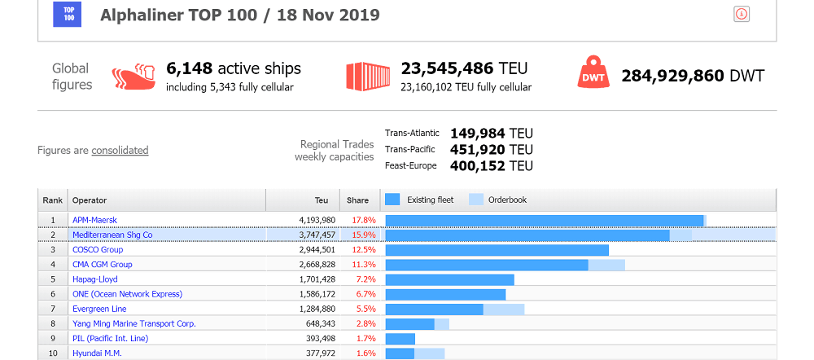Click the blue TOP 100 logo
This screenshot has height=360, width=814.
[68, 14]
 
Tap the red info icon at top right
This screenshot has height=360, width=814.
[742, 14]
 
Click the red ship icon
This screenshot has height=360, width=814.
[133, 76]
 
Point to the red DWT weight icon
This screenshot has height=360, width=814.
[593, 76]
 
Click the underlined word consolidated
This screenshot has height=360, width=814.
[120, 150]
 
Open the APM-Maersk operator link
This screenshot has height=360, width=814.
[94, 220]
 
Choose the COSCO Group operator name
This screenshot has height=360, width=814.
[98, 249]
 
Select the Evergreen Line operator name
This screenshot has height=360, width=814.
[99, 309]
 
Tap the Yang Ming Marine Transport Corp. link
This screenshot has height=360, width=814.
[134, 323]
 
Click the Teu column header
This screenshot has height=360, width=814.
[322, 200]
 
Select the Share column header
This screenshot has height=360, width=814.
[358, 200]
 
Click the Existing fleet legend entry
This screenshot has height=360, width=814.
[422, 200]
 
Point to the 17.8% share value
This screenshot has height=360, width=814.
[363, 220]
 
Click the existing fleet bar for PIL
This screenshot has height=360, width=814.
[400, 338]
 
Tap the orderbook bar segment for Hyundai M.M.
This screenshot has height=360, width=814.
[430, 353]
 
